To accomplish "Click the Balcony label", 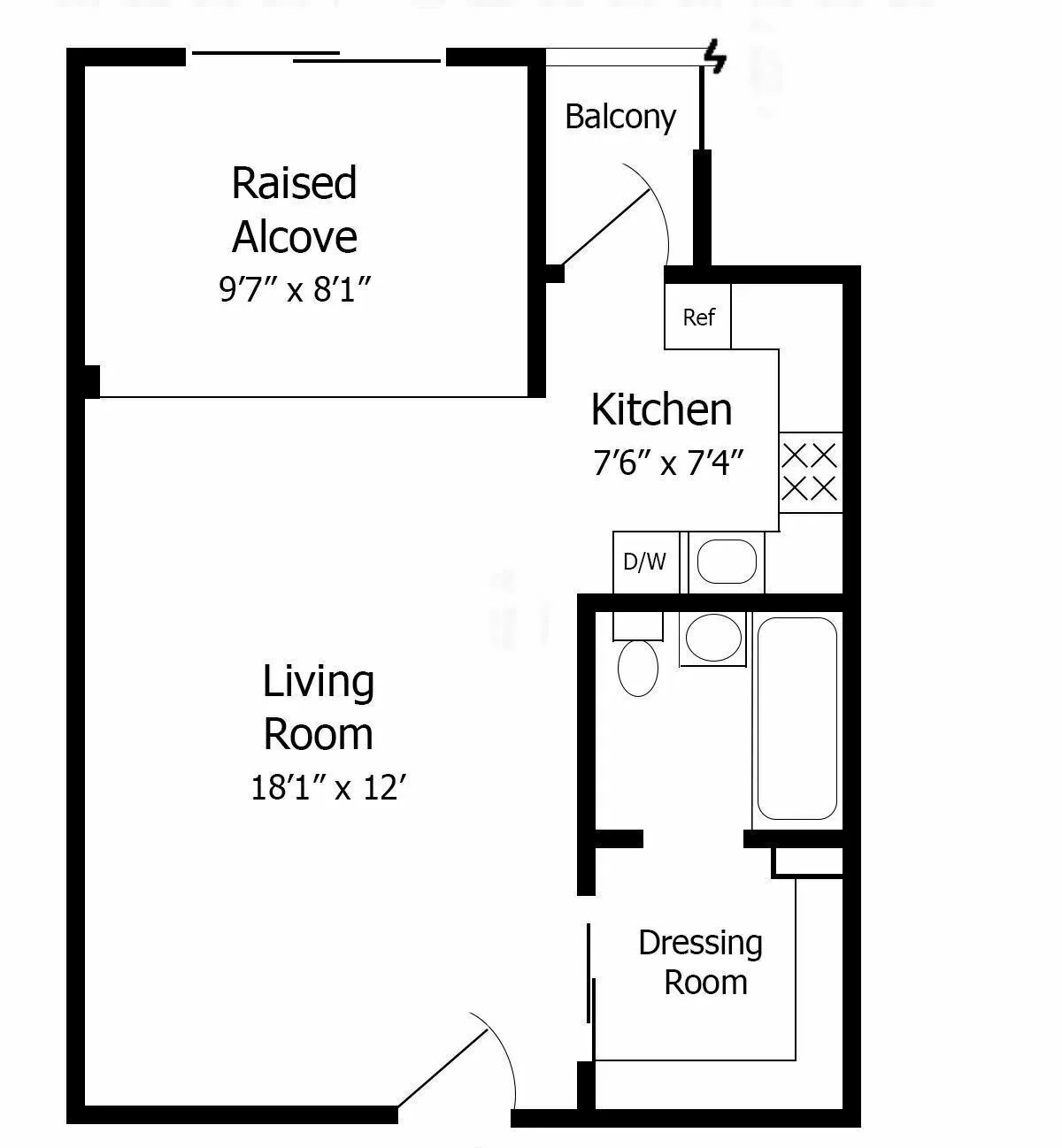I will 619,117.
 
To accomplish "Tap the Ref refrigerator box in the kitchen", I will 698,317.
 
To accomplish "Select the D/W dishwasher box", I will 645,562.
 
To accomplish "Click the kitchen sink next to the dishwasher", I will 727,562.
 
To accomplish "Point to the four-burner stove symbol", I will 810,472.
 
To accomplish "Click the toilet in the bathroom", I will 638,668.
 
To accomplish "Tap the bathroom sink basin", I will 713,638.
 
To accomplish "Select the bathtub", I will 796,719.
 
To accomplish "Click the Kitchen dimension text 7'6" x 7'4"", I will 667,462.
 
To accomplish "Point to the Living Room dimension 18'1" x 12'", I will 327,786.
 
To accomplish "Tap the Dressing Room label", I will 701,962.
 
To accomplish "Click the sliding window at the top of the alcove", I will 316,57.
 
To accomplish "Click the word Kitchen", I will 661,410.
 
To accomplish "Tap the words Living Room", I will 319,708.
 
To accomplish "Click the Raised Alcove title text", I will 294,210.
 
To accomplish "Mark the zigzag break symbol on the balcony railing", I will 715,57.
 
